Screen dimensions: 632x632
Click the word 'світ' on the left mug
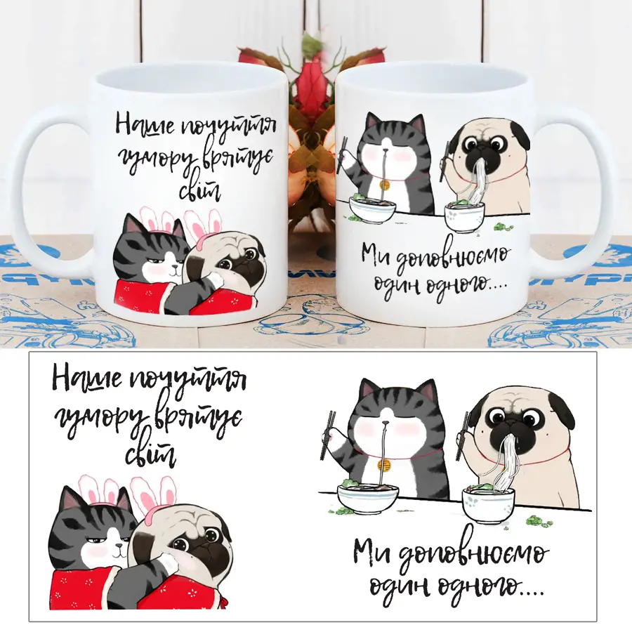pos(200,190)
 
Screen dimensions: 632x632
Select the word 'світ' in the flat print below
pos(150,454)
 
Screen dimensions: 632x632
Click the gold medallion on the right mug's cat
pos(386,185)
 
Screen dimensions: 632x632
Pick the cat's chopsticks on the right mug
pos(342,156)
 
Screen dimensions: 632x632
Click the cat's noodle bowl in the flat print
pos(368,498)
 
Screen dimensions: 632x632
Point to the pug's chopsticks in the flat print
pos(462,436)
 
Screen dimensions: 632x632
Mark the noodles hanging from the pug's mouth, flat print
pos(503,459)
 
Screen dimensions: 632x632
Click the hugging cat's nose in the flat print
pos(119,546)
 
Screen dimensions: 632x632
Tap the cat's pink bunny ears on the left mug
pos(159,218)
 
